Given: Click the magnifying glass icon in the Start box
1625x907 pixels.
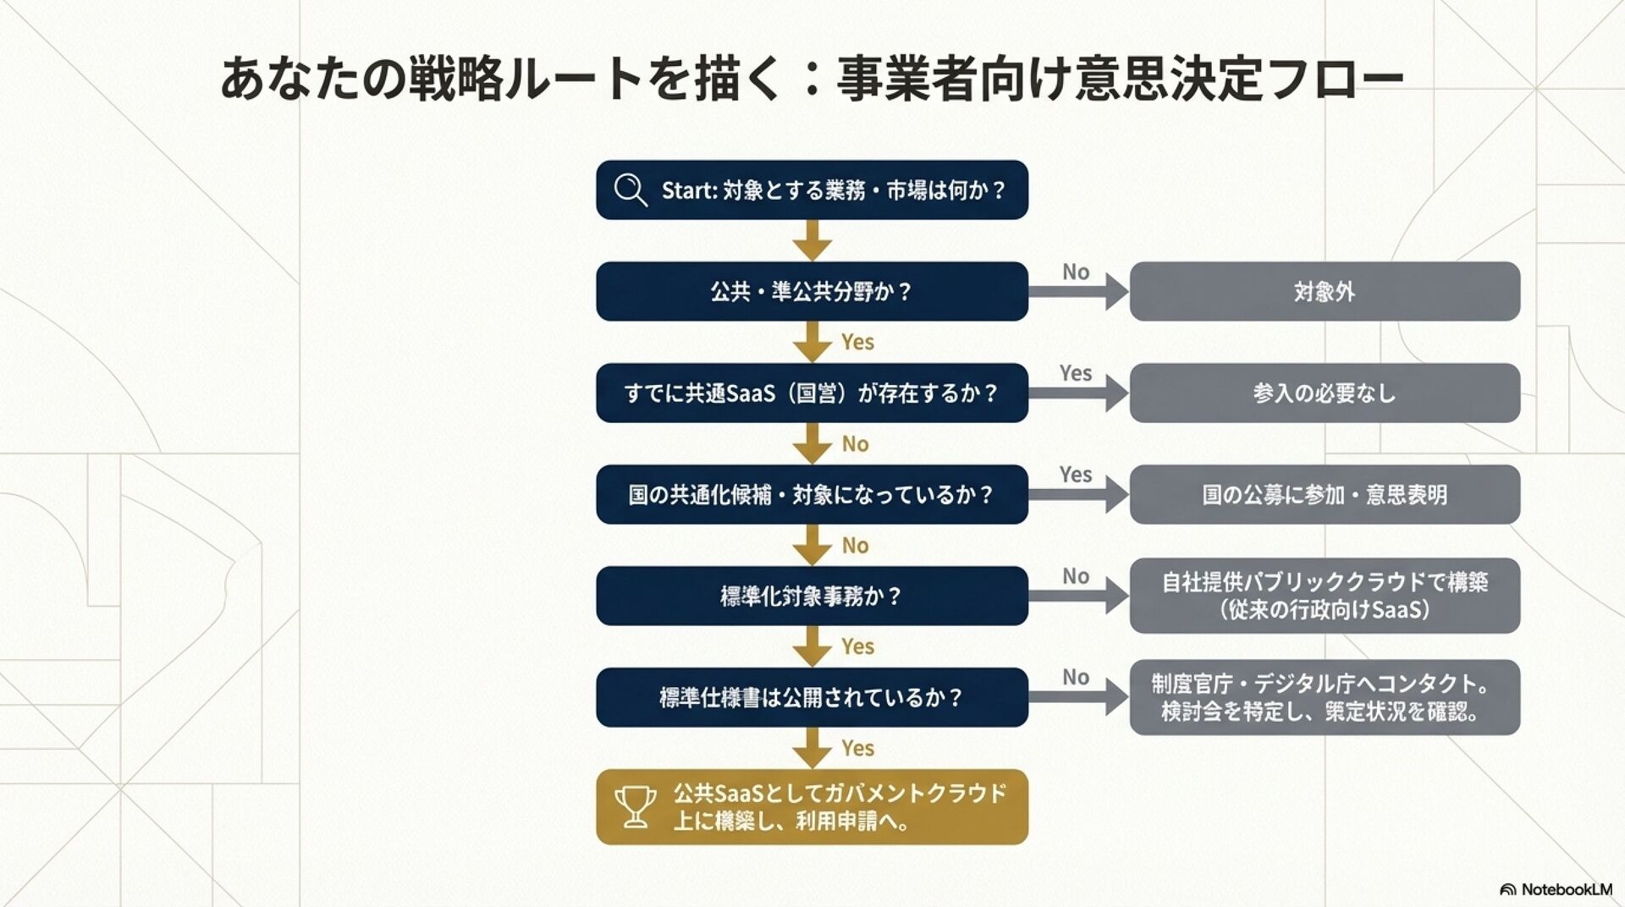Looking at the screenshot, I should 631,190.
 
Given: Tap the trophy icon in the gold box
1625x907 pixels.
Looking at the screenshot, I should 635,806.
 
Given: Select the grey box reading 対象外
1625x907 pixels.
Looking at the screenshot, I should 1325,291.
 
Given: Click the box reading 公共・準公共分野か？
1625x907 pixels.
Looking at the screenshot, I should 812,291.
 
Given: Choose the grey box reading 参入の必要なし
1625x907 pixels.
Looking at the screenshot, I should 1325,393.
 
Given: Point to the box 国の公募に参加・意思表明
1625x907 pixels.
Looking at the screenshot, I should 1325,494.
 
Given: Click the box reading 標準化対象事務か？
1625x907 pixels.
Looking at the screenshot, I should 812,596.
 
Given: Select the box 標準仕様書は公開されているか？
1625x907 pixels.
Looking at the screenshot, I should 812,697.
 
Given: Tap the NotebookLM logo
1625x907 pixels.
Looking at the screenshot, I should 1556,889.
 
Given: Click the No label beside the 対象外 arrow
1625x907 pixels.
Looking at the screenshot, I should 1076,272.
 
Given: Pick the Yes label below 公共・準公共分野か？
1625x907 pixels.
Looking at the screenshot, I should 857,342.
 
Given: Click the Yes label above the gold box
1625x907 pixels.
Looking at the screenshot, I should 857,748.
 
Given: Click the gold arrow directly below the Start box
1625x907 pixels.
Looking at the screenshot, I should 812,240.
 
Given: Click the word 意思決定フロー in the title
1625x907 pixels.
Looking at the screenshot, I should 1239,79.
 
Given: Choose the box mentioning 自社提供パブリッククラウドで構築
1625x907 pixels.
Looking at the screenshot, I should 1325,596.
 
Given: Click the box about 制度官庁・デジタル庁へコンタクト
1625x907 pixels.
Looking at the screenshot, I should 1325,697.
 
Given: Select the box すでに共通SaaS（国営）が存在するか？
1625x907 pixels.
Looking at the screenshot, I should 812,393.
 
